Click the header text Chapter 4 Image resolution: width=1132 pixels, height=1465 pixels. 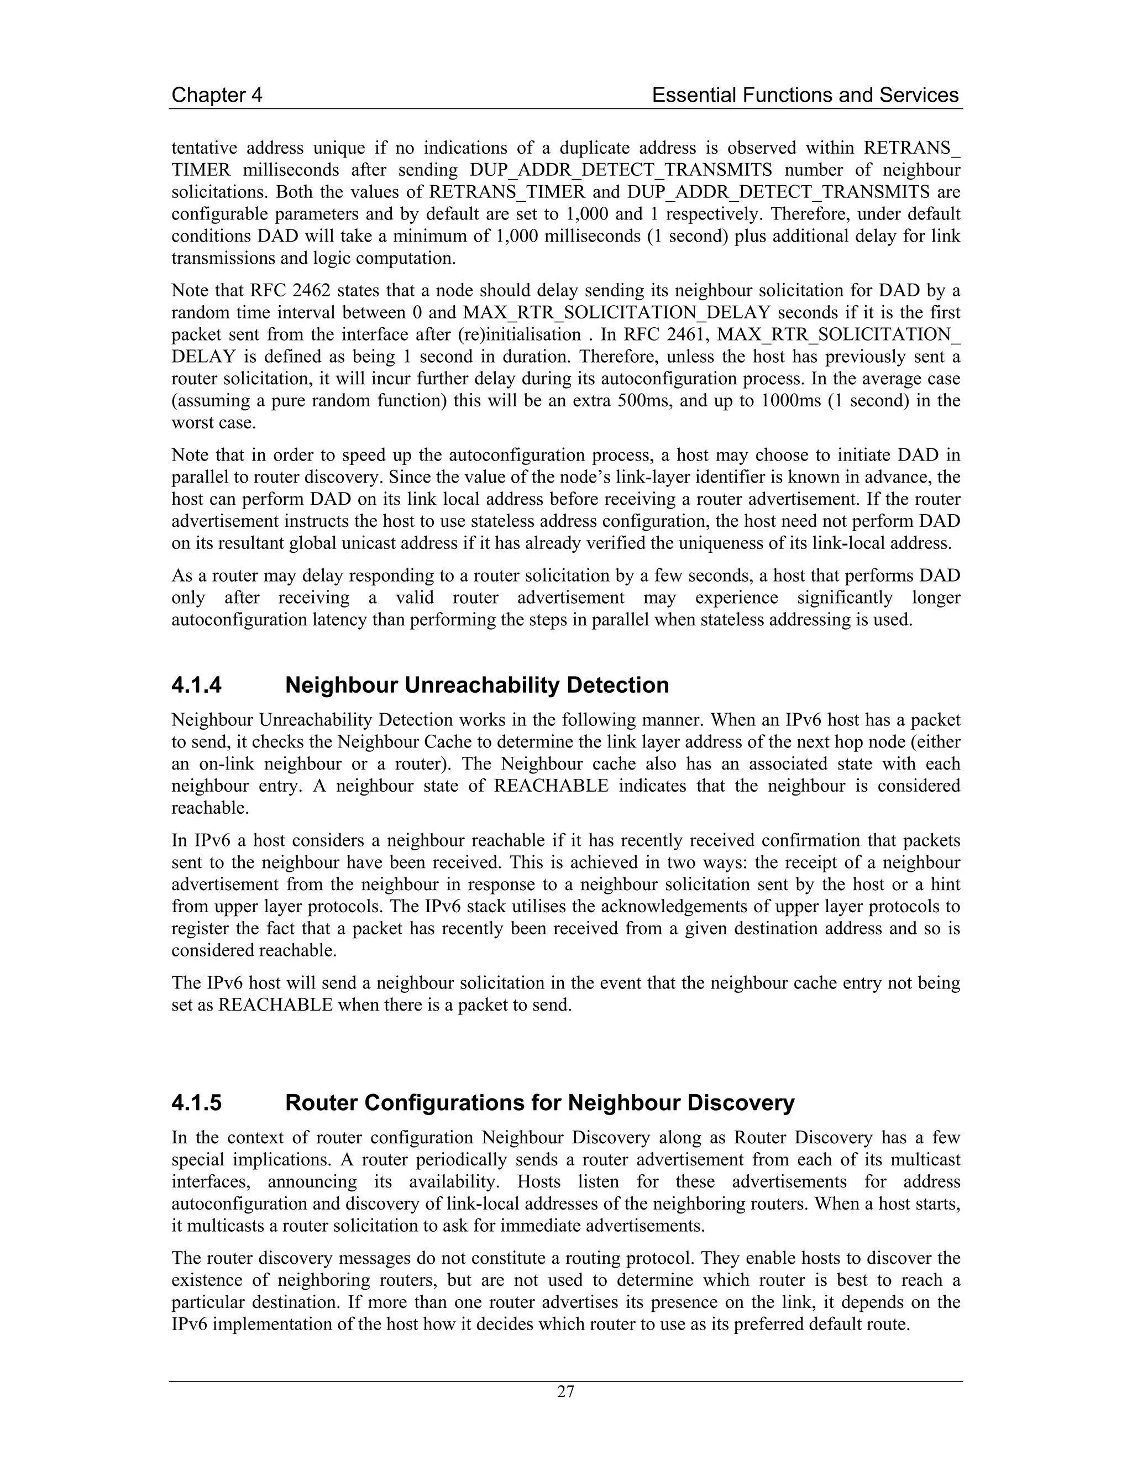[x=217, y=95]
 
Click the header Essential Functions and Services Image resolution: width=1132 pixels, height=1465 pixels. [x=805, y=95]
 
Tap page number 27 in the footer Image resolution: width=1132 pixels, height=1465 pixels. [x=565, y=1391]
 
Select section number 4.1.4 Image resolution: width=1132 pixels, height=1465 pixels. [x=196, y=685]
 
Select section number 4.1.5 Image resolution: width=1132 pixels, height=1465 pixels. [x=196, y=1103]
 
